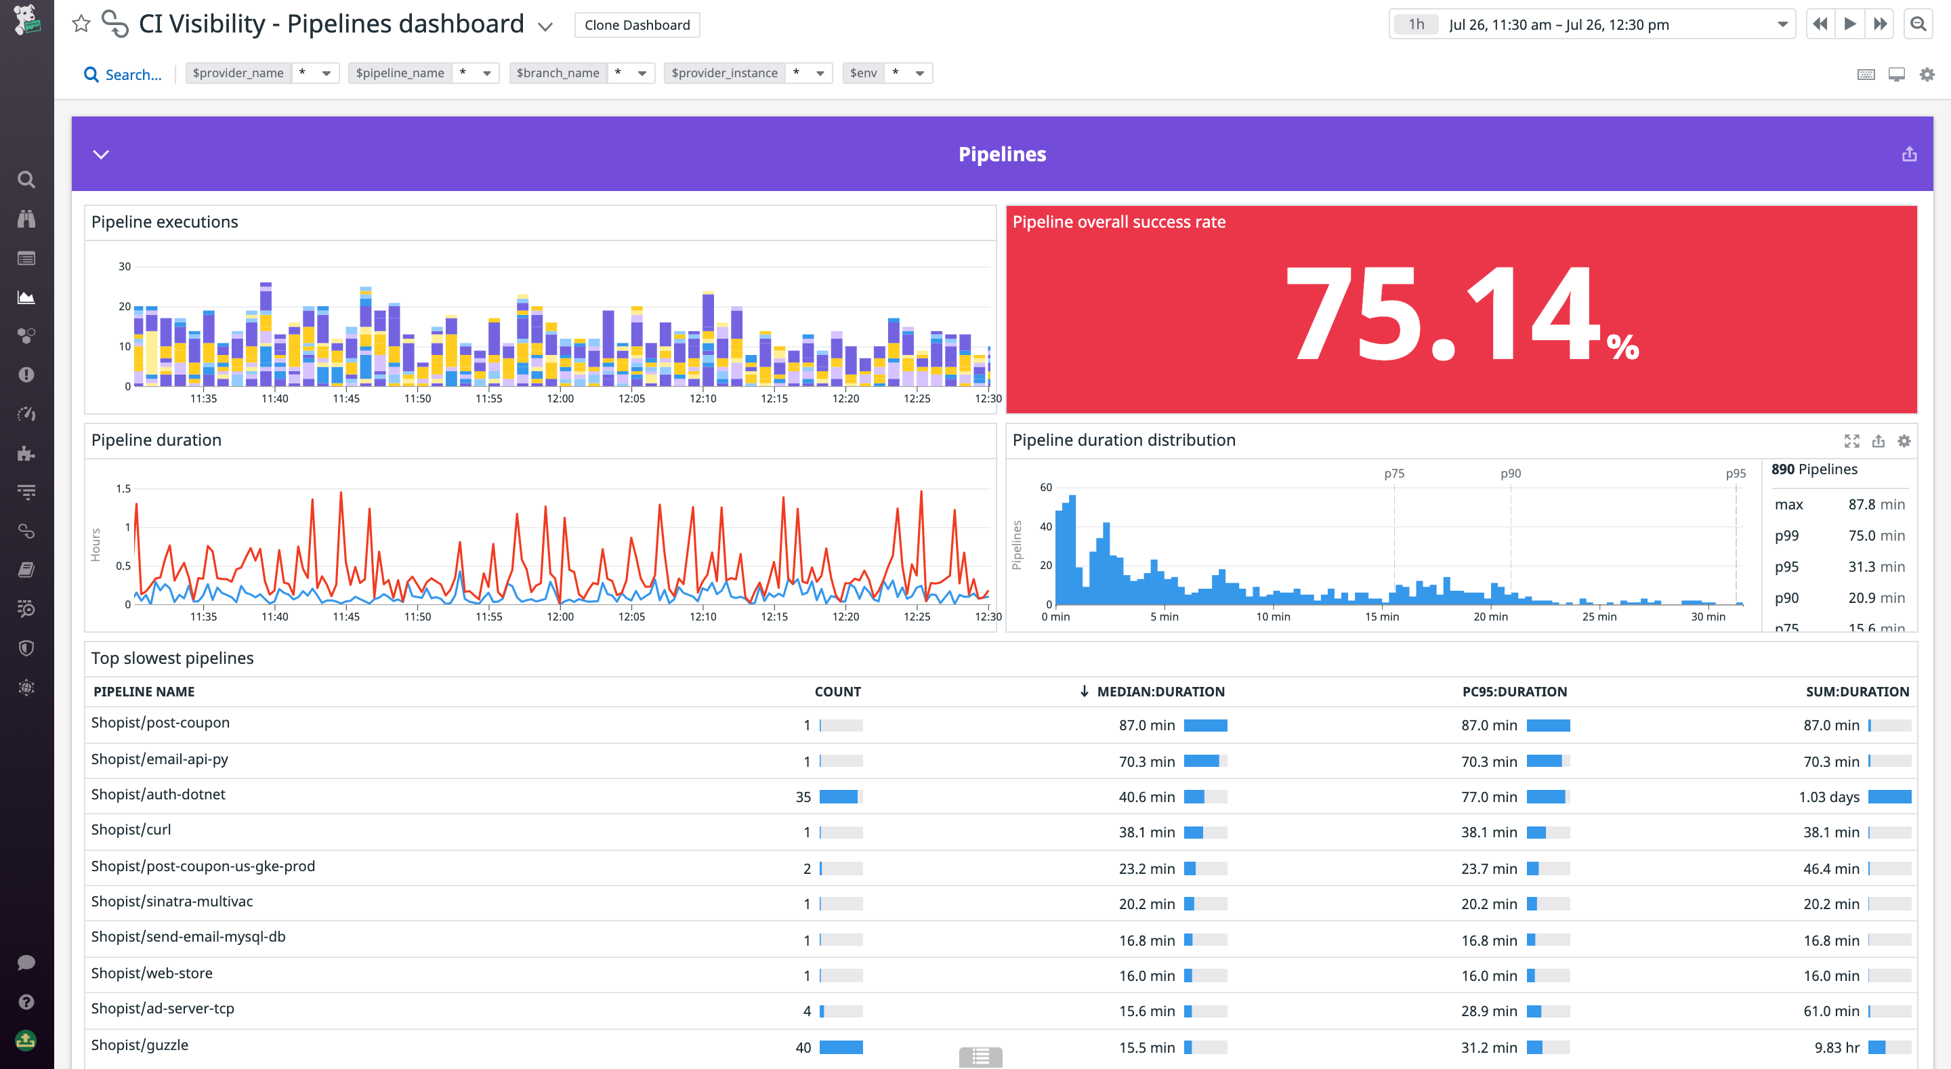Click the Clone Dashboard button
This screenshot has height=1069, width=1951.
[636, 25]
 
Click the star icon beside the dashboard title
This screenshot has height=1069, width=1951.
[81, 24]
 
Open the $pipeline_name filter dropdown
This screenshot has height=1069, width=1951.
[486, 73]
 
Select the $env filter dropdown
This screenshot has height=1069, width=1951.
[919, 73]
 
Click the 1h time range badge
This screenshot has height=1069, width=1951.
[1416, 24]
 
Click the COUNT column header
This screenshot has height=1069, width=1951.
[837, 691]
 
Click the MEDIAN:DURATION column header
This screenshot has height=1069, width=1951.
[1160, 691]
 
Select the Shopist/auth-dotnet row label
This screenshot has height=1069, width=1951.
[159, 794]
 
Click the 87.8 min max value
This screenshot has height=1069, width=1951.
[1875, 505]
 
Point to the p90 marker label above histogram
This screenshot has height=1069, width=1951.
[1510, 474]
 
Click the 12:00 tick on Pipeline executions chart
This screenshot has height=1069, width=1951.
[560, 398]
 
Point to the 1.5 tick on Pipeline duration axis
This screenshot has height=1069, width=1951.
[123, 488]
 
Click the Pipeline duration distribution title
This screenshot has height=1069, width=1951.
[1123, 440]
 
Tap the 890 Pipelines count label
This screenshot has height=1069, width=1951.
[1814, 469]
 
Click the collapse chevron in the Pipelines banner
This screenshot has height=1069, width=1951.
[101, 154]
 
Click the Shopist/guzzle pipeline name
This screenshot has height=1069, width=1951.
[140, 1045]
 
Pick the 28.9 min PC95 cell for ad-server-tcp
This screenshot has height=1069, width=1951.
[1488, 1011]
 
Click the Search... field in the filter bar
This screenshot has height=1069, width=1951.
[133, 75]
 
